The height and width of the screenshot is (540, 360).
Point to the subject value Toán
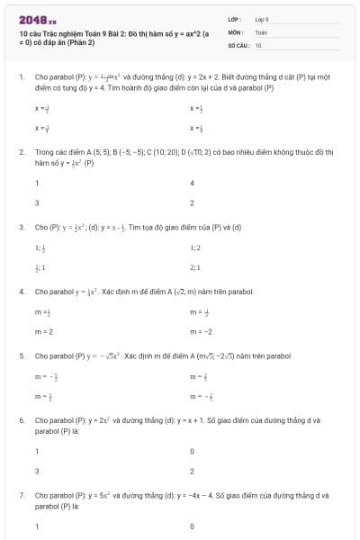coord(261,31)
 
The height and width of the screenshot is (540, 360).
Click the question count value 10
coord(258,44)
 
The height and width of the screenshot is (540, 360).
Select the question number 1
coord(21,77)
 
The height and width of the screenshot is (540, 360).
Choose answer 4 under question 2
coord(193,183)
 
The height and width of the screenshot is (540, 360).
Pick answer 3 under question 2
coord(37,202)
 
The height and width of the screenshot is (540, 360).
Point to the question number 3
coord(21,228)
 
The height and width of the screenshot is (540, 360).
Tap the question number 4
coord(21,292)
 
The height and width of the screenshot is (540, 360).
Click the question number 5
coord(21,356)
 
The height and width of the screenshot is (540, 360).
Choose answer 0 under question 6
coord(193,451)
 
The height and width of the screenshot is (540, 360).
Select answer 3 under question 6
coord(37,471)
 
